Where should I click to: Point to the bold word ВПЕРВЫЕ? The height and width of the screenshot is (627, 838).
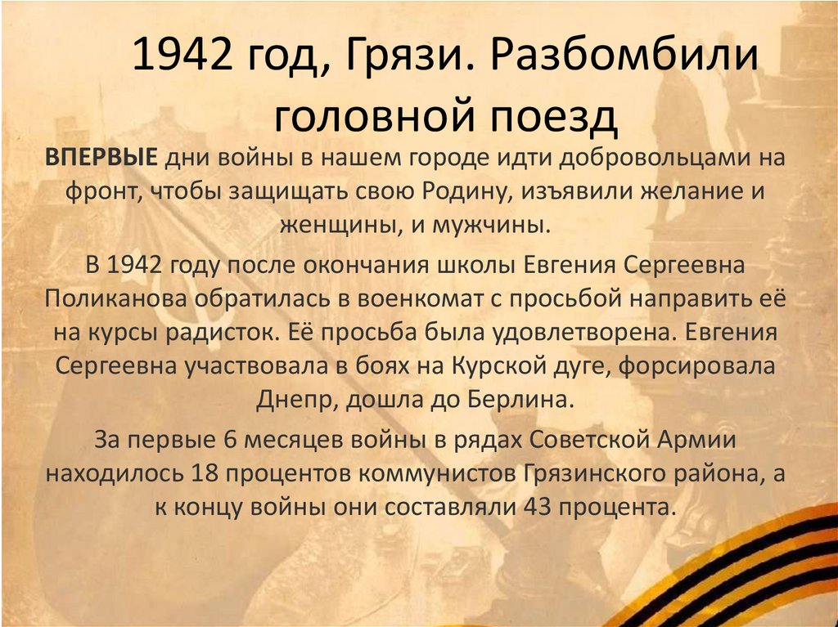tap(101, 158)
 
